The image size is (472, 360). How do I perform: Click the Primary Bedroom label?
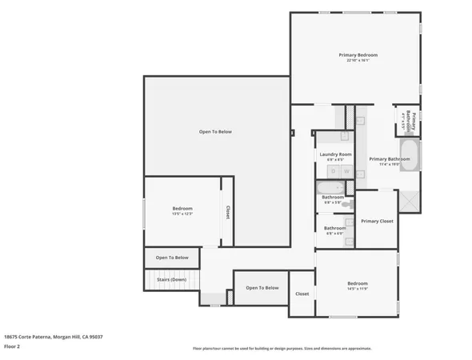(358, 54)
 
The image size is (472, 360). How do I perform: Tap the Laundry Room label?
(335, 154)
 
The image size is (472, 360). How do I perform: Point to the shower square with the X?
(410, 200)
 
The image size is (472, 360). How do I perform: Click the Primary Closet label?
(376, 221)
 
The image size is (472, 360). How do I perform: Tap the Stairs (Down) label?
(171, 279)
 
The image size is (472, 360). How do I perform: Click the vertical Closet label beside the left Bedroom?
(227, 212)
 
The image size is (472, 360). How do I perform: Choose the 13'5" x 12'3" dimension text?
(182, 214)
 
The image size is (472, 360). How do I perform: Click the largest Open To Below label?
(215, 131)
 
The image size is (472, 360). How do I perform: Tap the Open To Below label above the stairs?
(172, 258)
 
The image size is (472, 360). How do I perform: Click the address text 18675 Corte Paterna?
(53, 337)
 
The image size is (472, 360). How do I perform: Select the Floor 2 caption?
(12, 347)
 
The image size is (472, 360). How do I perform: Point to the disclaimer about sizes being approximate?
(282, 348)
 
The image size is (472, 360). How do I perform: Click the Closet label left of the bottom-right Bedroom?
(302, 294)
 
